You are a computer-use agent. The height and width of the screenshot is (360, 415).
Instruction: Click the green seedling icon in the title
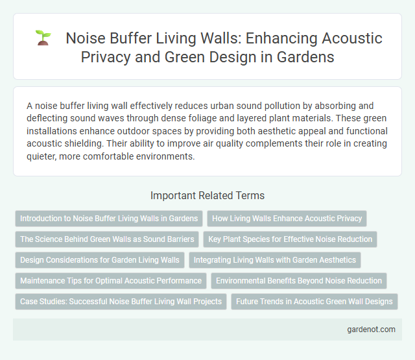tap(43, 39)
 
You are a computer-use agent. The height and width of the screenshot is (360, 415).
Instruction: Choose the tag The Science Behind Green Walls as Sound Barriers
tap(107, 239)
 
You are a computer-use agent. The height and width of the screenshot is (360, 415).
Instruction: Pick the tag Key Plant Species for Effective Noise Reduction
tap(290, 239)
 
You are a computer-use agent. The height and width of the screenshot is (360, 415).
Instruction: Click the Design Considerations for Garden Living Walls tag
tap(99, 260)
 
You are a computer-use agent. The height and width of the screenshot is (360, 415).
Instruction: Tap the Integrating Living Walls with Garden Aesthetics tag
tap(276, 260)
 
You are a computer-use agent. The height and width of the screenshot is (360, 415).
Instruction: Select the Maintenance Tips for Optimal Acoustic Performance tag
tap(111, 281)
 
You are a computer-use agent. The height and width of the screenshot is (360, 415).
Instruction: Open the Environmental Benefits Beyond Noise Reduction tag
tap(299, 281)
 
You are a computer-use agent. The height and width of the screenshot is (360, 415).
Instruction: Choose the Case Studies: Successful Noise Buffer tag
tap(121, 302)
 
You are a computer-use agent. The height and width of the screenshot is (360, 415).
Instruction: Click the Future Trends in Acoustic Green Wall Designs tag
tap(314, 302)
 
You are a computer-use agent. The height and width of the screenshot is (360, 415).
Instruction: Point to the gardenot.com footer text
tap(371, 330)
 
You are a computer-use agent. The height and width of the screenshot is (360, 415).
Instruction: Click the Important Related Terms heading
tap(207, 195)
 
